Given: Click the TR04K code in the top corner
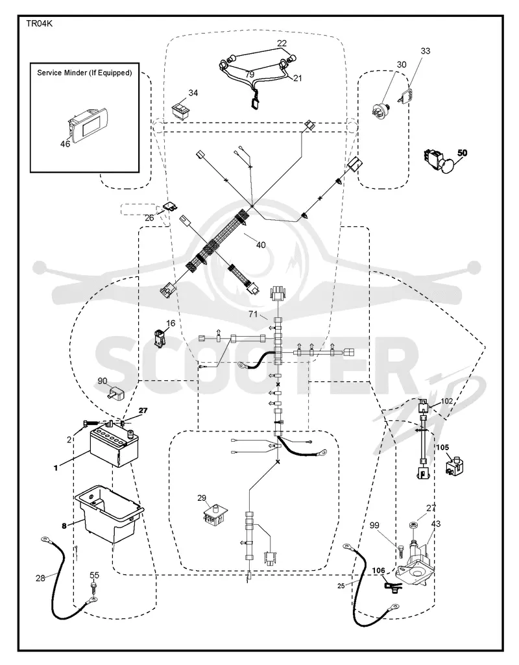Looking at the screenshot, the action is [x=40, y=24].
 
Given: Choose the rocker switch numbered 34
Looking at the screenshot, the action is [x=180, y=109].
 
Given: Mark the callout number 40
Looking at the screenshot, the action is [x=261, y=245].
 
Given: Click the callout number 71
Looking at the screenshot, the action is [x=253, y=314].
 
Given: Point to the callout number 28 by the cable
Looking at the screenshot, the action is [x=40, y=577].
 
